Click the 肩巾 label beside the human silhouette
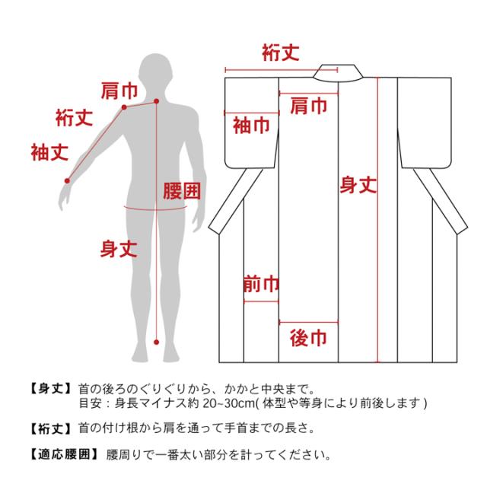(119, 91)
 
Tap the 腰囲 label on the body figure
(182, 191)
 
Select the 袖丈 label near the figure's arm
(49, 152)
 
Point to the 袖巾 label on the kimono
(251, 126)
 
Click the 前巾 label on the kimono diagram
(261, 284)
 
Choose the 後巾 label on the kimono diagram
(308, 338)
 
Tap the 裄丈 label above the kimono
(281, 53)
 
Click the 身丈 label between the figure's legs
(119, 249)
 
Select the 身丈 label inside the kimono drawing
(358, 185)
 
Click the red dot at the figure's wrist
(67, 181)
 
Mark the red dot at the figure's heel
(157, 342)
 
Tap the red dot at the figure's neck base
(157, 101)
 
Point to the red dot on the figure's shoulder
(124, 107)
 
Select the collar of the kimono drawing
(338, 73)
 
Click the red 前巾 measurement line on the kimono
(261, 301)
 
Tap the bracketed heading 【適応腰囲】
(64, 454)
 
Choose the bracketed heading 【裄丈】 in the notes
(51, 429)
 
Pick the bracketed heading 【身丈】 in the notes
(51, 389)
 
